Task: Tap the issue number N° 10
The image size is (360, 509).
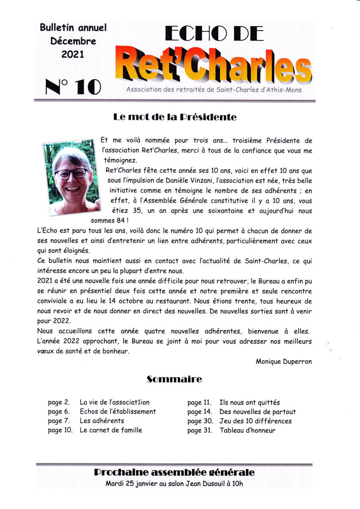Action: click(73, 86)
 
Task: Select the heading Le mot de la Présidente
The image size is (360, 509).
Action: click(175, 117)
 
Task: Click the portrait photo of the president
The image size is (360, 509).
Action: click(71, 178)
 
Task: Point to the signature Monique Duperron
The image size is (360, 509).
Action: click(283, 361)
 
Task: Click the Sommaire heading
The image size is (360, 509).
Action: click(174, 379)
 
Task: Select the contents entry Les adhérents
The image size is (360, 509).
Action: click(102, 421)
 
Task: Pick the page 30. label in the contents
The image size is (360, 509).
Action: click(200, 421)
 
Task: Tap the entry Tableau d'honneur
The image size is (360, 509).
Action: click(247, 430)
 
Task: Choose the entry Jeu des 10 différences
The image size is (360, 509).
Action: click(255, 421)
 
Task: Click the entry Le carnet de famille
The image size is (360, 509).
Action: click(111, 430)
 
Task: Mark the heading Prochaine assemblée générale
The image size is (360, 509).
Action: click(174, 473)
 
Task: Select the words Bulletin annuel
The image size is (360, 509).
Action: click(73, 27)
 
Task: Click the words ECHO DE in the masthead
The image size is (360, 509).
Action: click(214, 34)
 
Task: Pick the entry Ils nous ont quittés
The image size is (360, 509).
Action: click(249, 402)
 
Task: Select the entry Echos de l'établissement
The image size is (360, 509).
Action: click(118, 411)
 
